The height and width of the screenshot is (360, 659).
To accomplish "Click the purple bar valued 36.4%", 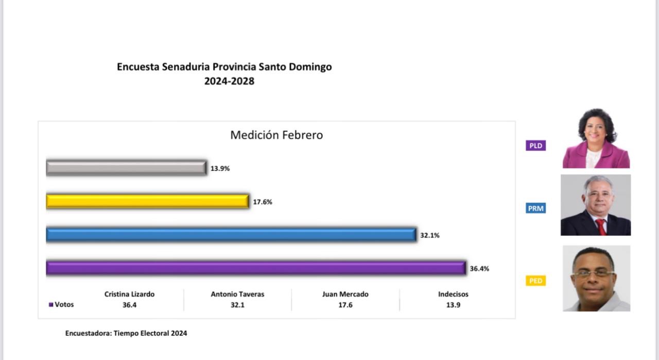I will [x=256, y=268].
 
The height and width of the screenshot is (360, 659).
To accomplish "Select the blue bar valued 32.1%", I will [x=231, y=235].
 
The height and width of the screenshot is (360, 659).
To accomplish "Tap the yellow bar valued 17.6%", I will [x=147, y=201].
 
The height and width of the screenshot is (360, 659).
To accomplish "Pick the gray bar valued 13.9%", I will [x=126, y=168].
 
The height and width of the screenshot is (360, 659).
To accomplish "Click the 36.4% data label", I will [x=479, y=269].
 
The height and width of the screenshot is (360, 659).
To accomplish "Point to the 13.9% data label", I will [x=220, y=168].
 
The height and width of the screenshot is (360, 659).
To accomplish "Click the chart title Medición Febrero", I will [x=276, y=135].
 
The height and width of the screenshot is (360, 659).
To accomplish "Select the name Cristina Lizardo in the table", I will [x=129, y=294].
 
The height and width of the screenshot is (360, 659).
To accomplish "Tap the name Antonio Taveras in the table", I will [x=237, y=294].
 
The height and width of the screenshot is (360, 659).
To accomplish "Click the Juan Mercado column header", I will [x=345, y=294].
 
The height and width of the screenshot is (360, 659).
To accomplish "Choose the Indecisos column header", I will [x=453, y=294].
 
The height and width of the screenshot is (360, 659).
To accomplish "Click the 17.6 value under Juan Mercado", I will [x=345, y=305].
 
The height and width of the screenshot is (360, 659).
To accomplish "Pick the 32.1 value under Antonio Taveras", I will [x=237, y=305].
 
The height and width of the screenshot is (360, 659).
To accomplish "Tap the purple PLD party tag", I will [x=535, y=146].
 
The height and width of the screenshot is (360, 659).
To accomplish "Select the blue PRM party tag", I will [x=535, y=209].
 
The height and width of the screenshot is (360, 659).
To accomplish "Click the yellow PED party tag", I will [x=535, y=281].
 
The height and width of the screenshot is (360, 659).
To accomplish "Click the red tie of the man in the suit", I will [x=601, y=227].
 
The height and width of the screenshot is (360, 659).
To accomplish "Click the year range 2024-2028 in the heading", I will [x=229, y=81].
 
